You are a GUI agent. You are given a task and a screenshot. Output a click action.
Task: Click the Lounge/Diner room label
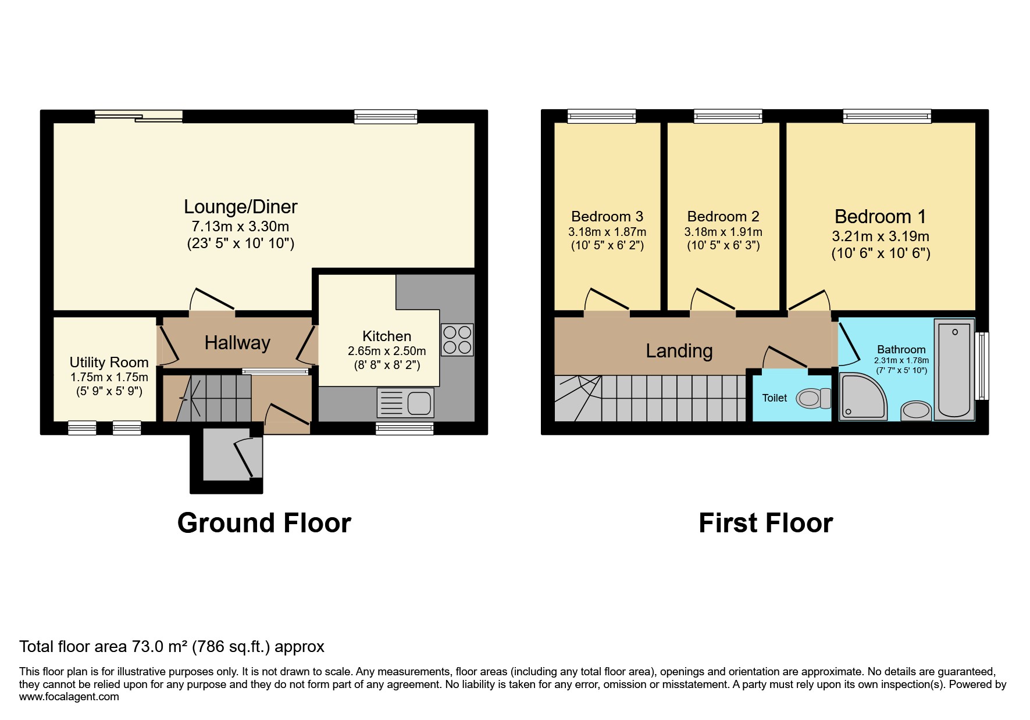(x=240, y=207)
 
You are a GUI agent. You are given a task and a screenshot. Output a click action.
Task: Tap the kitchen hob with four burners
(x=457, y=340)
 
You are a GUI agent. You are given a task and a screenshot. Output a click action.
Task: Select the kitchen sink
(x=406, y=403)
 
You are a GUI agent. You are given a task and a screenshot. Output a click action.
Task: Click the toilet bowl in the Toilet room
(x=810, y=399)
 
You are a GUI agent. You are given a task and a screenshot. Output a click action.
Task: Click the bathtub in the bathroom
(x=954, y=369)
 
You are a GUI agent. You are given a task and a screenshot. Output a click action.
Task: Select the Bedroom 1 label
(x=880, y=217)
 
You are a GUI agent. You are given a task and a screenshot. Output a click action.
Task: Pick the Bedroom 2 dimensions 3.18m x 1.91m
(x=723, y=232)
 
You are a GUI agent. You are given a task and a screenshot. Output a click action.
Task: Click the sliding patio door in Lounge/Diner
(x=138, y=117)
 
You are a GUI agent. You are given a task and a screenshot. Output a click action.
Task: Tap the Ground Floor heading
(x=264, y=523)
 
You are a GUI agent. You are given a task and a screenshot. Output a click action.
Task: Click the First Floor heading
(x=765, y=523)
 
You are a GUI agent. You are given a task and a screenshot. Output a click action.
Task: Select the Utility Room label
(x=109, y=363)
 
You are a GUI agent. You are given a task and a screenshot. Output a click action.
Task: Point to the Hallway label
(x=237, y=343)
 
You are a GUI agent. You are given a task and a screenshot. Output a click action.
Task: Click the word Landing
(x=679, y=351)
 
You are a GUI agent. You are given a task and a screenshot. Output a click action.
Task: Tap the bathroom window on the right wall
(x=982, y=366)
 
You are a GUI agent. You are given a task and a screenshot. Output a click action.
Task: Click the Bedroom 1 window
(x=887, y=116)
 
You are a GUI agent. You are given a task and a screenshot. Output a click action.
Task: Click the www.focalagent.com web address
(x=69, y=697)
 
